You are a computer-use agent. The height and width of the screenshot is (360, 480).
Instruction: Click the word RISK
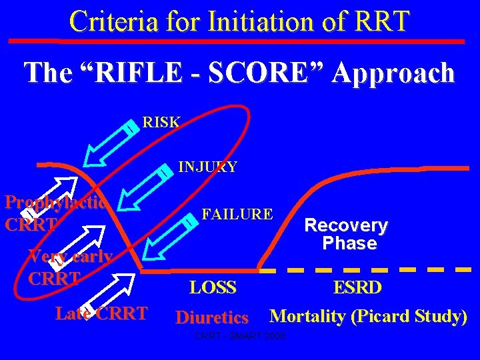point(161,123)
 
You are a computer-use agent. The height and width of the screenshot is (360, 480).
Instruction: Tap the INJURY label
point(207,167)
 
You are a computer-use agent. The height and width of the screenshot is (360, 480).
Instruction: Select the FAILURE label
point(237,214)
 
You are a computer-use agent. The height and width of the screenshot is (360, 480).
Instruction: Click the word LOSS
point(213,288)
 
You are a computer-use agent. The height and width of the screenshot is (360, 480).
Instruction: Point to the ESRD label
point(357,288)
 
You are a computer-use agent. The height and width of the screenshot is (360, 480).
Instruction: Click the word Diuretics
point(211,317)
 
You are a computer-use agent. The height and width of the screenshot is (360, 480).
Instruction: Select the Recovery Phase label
point(346,235)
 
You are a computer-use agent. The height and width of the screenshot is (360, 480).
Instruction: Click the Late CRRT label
point(101,313)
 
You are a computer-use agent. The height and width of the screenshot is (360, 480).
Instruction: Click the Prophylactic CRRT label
point(55,213)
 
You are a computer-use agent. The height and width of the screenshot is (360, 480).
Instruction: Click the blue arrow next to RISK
point(110,142)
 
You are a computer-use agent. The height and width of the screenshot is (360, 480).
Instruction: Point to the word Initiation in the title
point(240,21)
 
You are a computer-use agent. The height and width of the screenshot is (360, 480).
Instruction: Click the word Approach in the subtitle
point(393,72)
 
